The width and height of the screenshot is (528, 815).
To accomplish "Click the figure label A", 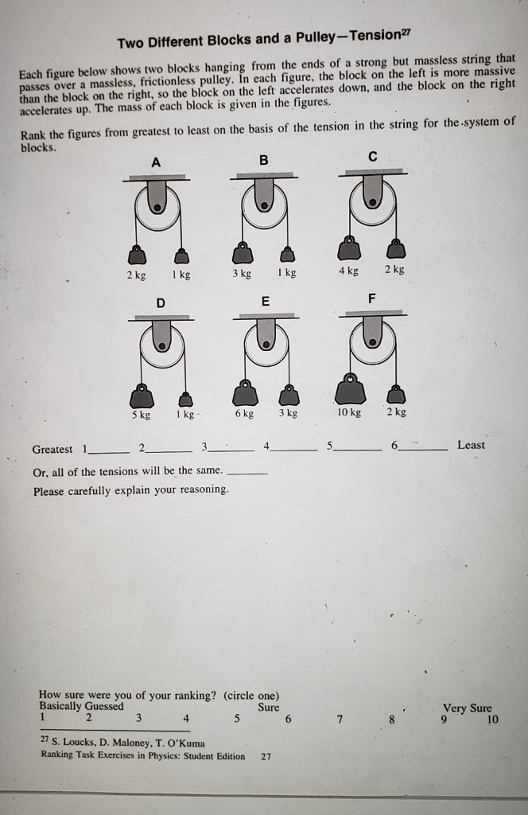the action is click(x=157, y=162).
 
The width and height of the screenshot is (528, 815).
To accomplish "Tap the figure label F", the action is click(x=371, y=298).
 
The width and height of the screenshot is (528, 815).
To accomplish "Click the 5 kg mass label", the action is click(x=142, y=415).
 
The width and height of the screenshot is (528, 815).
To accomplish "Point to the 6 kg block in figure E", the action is click(x=245, y=392).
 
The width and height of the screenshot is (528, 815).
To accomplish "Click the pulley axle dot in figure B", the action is click(x=264, y=206).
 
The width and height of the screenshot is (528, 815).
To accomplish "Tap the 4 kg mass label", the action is click(x=349, y=271).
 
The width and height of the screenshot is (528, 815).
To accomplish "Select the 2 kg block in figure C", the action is click(x=397, y=248).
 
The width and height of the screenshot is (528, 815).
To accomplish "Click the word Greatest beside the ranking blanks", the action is click(x=52, y=450).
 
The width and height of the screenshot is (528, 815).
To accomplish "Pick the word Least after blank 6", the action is click(x=471, y=445).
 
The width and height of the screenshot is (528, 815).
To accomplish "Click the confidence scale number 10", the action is click(x=492, y=719).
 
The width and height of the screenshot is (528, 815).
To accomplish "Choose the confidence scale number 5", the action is click(x=237, y=719).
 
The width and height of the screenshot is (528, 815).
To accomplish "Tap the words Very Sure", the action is click(x=467, y=708).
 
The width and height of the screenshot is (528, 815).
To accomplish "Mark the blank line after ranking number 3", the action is click(x=231, y=450).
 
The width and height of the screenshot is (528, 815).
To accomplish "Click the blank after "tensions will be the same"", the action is click(x=248, y=474).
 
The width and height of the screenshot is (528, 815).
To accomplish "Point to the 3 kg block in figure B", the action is click(x=243, y=252).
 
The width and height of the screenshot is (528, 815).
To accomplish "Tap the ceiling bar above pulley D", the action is click(x=161, y=318).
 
